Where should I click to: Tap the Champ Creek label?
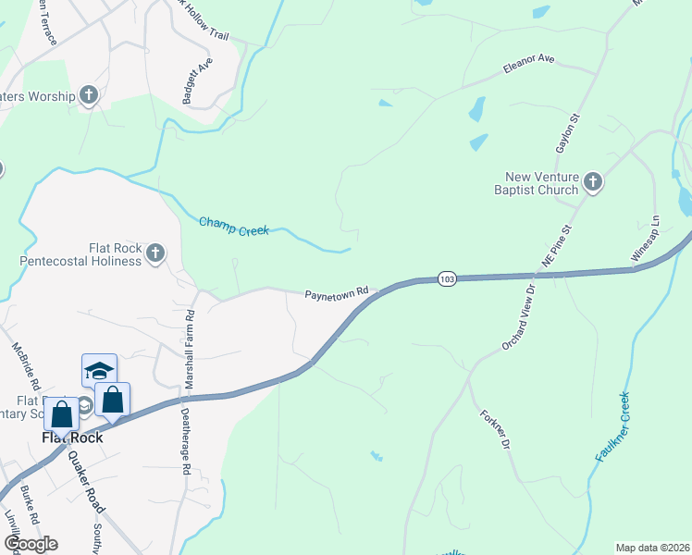tap(233, 227)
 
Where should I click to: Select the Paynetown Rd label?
tap(337, 293)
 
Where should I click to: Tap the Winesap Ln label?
tap(648, 239)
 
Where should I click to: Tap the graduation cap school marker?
tap(99, 372)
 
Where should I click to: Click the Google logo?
tap(31, 543)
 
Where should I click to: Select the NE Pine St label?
tap(559, 244)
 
